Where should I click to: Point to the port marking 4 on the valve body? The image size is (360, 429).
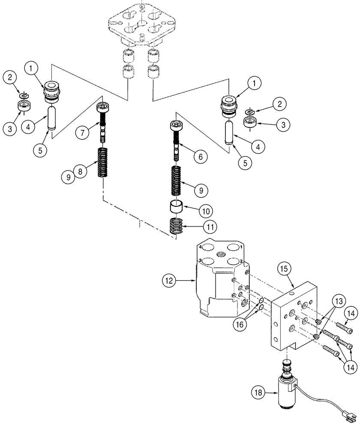(x=200, y=247)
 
